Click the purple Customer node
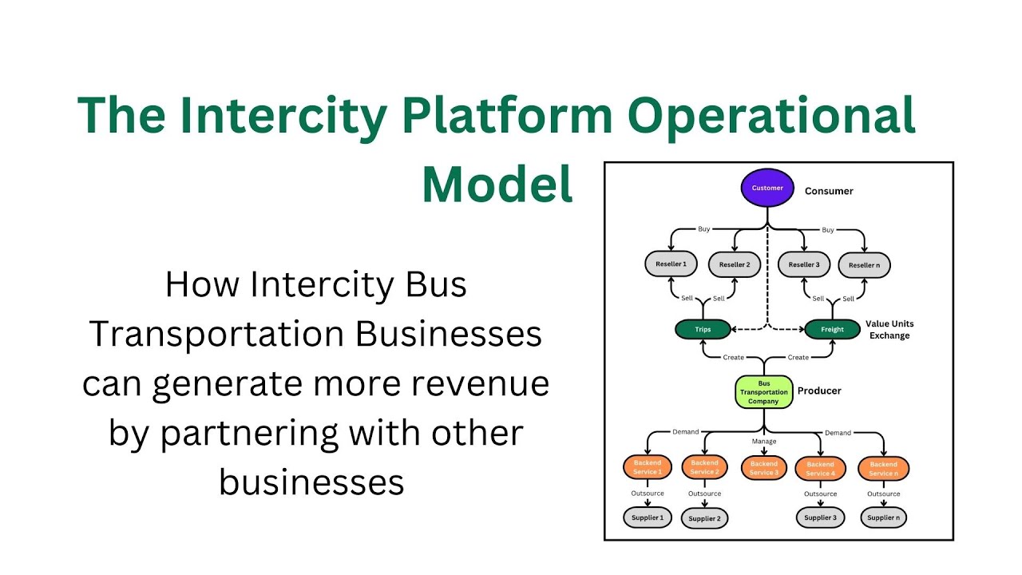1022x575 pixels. pyautogui.click(x=767, y=188)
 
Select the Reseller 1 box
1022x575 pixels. pyautogui.click(x=671, y=264)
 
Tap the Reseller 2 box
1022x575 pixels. pyautogui.click(x=735, y=264)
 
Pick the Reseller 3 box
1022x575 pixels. pyautogui.click(x=804, y=264)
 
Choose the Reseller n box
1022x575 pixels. pyautogui.click(x=865, y=265)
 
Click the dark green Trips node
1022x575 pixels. pyautogui.click(x=703, y=329)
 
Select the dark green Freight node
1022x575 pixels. pyautogui.click(x=832, y=329)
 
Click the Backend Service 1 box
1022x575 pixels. pyautogui.click(x=648, y=467)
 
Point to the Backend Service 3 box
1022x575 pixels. pyautogui.click(x=764, y=468)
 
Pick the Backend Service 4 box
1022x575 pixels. pyautogui.click(x=820, y=469)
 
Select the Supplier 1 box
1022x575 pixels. pyautogui.click(x=648, y=517)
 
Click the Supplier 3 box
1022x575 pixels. pyautogui.click(x=820, y=517)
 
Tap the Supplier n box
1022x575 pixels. pyautogui.click(x=883, y=517)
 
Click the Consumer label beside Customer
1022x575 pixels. pyautogui.click(x=829, y=191)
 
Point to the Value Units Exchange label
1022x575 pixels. pyautogui.click(x=889, y=330)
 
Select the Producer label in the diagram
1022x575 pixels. pyautogui.click(x=819, y=391)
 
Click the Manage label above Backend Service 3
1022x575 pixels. pyautogui.click(x=764, y=442)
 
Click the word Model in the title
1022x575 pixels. pyautogui.click(x=497, y=184)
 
